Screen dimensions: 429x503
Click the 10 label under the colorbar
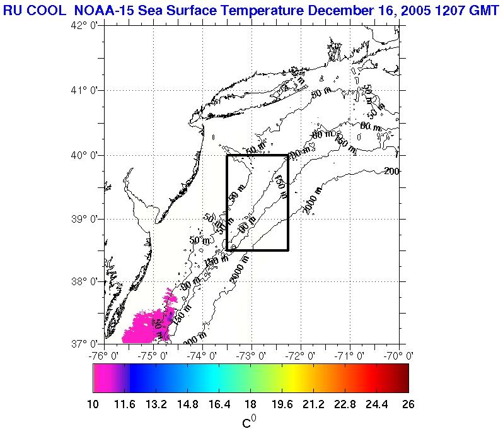[x=93, y=404]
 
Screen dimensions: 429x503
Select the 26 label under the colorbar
[x=408, y=404]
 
